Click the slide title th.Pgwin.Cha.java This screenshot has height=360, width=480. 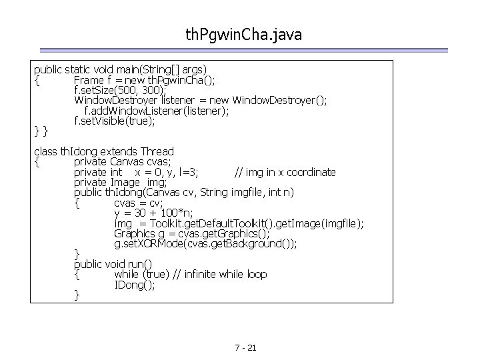pyautogui.click(x=244, y=34)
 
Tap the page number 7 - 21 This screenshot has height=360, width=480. pyautogui.click(x=246, y=349)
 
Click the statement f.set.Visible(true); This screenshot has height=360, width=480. pyautogui.click(x=115, y=121)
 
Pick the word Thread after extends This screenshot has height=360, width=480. pyautogui.click(x=153, y=151)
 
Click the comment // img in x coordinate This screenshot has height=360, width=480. pyautogui.click(x=285, y=172)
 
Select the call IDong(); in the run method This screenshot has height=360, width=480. pyautogui.click(x=135, y=285)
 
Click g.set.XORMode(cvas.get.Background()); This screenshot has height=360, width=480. pyautogui.click(x=205, y=244)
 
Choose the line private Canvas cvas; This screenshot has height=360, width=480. pyautogui.click(x=123, y=162)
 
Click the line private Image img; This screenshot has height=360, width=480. pyautogui.click(x=120, y=182)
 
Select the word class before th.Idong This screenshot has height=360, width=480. pyautogui.click(x=45, y=151)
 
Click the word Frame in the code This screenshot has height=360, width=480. pyautogui.click(x=89, y=80)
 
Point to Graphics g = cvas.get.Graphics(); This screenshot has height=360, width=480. pyautogui.click(x=191, y=233)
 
